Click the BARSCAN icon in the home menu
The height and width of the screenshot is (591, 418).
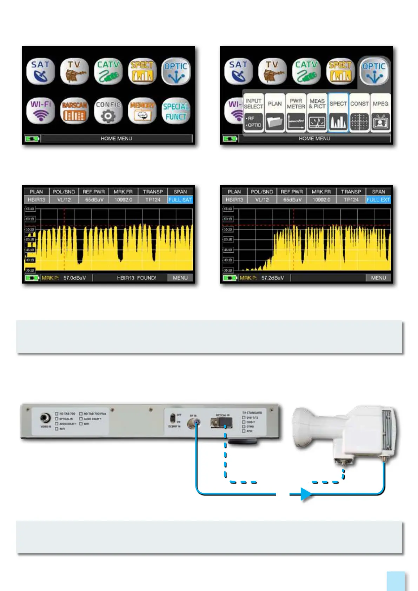(x=74, y=111)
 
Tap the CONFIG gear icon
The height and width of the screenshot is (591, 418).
(x=108, y=111)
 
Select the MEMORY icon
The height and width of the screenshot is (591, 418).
(x=142, y=111)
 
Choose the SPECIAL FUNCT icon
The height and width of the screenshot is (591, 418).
(x=176, y=111)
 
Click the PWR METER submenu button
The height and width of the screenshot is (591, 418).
(x=296, y=113)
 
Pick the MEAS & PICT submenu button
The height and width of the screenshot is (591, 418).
(x=317, y=113)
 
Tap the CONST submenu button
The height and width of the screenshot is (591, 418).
(x=359, y=113)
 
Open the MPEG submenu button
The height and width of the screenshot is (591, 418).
(x=380, y=113)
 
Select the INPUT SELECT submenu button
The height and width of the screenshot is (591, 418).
(x=253, y=113)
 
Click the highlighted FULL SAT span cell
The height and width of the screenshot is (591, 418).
(x=180, y=200)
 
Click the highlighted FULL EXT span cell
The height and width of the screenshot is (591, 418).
(x=378, y=200)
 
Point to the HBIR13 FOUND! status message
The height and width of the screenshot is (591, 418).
(x=137, y=278)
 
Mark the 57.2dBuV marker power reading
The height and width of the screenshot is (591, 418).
(x=272, y=278)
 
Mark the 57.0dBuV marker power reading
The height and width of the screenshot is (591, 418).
(x=74, y=278)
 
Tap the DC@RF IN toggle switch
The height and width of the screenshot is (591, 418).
(x=173, y=418)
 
